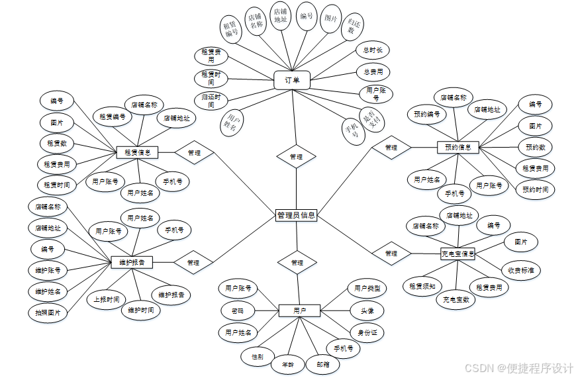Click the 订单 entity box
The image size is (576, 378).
click(x=292, y=81)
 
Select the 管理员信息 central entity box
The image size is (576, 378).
click(x=296, y=215)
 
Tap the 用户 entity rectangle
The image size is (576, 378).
click(x=299, y=310)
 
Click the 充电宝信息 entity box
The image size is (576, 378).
click(x=457, y=254)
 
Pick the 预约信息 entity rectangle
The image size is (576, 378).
click(x=457, y=147)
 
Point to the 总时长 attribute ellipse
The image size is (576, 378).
click(x=372, y=50)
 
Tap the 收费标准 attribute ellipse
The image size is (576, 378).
click(x=520, y=269)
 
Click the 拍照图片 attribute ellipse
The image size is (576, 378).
click(x=48, y=312)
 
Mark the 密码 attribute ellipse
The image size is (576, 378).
click(x=237, y=310)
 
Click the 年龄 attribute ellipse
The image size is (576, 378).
click(x=288, y=363)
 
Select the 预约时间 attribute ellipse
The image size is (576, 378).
click(x=535, y=189)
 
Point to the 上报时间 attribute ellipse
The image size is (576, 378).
click(x=106, y=299)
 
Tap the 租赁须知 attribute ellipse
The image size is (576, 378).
click(x=420, y=287)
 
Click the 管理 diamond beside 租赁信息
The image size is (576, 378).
click(x=194, y=152)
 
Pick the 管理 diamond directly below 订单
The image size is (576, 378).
click(x=296, y=157)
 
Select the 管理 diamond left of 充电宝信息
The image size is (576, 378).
click(x=391, y=254)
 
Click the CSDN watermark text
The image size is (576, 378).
click(x=518, y=367)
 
